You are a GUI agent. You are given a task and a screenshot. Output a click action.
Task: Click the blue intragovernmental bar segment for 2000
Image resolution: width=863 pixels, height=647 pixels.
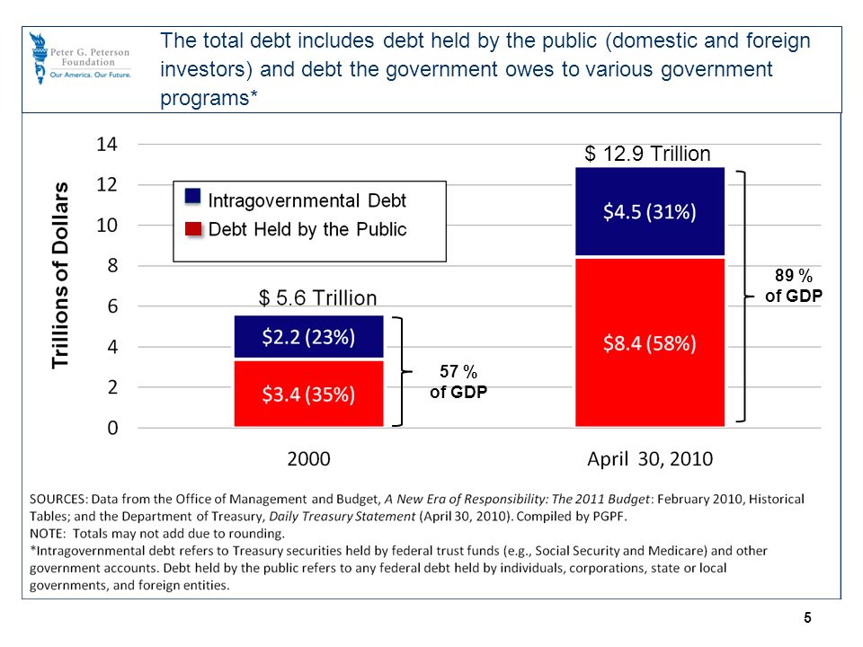pyautogui.click(x=308, y=337)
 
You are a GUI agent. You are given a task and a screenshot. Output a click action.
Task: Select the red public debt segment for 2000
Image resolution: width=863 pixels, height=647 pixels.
pyautogui.click(x=308, y=394)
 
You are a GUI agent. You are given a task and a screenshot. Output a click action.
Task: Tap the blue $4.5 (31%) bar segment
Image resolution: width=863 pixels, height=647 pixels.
pyautogui.click(x=650, y=212)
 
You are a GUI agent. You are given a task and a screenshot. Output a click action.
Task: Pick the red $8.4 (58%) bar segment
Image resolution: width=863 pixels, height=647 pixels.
pyautogui.click(x=650, y=342)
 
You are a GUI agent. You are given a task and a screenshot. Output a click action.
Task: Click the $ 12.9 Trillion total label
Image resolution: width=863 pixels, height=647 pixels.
pyautogui.click(x=647, y=154)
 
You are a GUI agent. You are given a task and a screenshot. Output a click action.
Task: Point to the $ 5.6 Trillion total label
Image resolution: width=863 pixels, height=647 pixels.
pyautogui.click(x=317, y=298)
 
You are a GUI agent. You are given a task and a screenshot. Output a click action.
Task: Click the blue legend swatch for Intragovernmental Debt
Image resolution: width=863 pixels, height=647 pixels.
pyautogui.click(x=192, y=197)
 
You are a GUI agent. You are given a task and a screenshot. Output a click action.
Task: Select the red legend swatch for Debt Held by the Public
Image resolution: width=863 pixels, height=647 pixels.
pyautogui.click(x=193, y=229)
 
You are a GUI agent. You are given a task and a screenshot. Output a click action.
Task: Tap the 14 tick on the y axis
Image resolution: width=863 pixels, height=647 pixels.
pyautogui.click(x=107, y=144)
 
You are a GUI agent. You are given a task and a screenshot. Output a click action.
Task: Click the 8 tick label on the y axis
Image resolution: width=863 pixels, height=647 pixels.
pyautogui.click(x=112, y=266)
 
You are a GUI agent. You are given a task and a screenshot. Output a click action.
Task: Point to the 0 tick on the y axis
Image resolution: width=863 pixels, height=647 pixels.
pyautogui.click(x=112, y=428)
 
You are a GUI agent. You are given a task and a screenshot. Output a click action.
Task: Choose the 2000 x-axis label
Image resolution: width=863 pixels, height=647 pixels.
pyautogui.click(x=308, y=459)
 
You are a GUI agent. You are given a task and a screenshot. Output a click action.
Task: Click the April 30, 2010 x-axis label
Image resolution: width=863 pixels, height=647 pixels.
pyautogui.click(x=650, y=459)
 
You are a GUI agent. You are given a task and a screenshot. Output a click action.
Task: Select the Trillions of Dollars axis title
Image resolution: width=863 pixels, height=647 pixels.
pyautogui.click(x=60, y=275)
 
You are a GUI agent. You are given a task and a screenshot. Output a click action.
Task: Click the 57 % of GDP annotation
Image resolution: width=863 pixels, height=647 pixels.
pyautogui.click(x=458, y=382)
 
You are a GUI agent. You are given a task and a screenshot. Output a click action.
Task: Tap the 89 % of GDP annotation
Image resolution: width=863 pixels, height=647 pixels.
pyautogui.click(x=794, y=286)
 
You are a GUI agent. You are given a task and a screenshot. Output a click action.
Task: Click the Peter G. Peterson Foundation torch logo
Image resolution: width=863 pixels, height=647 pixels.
pyautogui.click(x=39, y=58)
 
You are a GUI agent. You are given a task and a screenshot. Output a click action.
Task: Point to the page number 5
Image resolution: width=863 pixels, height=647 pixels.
pyautogui.click(x=807, y=618)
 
